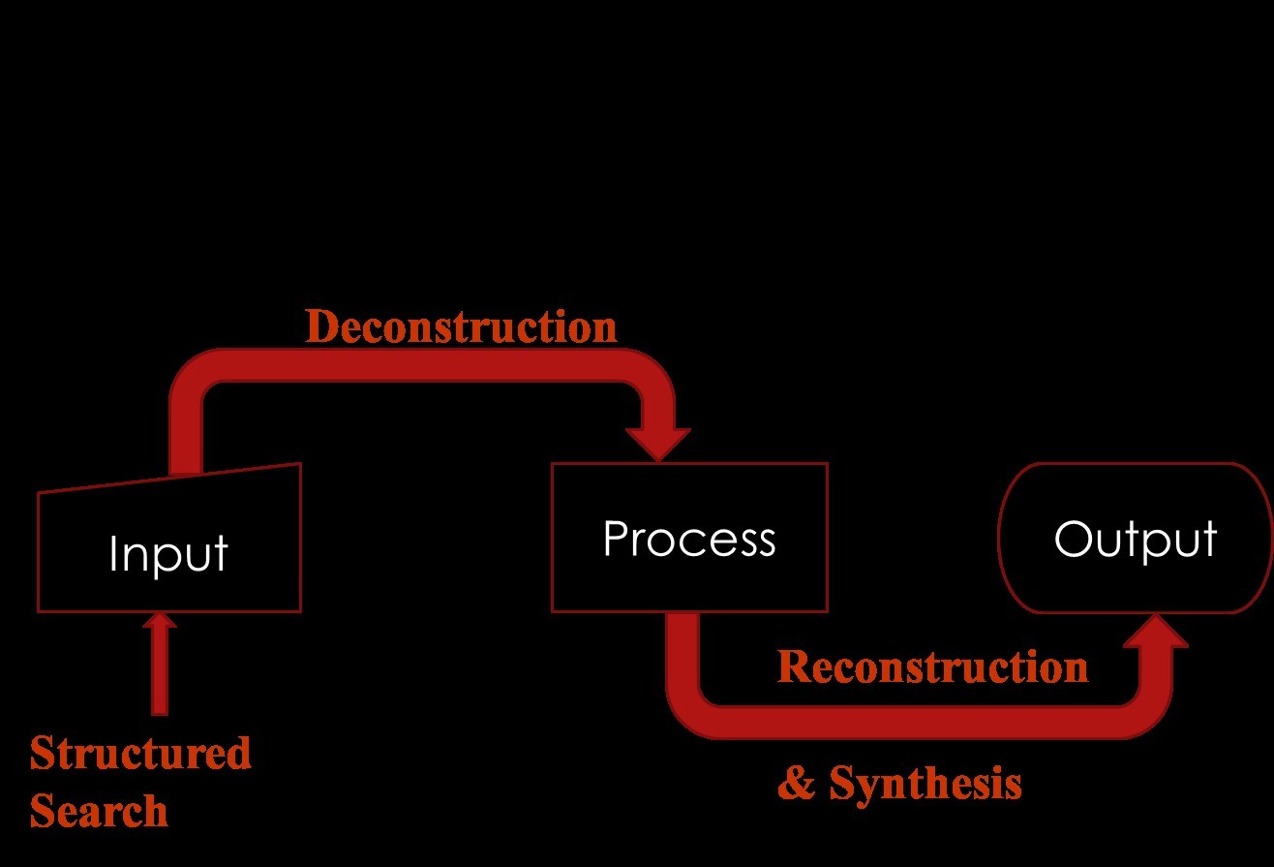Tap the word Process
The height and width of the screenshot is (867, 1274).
pyautogui.click(x=688, y=539)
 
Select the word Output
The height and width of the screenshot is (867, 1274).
pyautogui.click(x=1135, y=539)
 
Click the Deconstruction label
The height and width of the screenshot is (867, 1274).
pyautogui.click(x=461, y=327)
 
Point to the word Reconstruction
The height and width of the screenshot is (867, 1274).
pyautogui.click(x=932, y=666)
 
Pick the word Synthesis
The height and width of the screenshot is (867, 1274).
pyautogui.click(x=925, y=783)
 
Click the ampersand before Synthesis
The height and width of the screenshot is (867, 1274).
pyautogui.click(x=796, y=783)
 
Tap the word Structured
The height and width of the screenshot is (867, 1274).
pyautogui.click(x=140, y=753)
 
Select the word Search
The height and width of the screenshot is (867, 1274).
pyautogui.click(x=99, y=811)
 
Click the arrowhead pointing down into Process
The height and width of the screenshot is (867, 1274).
pyautogui.click(x=658, y=444)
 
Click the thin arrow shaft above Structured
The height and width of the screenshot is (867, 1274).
pyautogui.click(x=160, y=673)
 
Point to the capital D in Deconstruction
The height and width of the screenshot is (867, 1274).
pyautogui.click(x=320, y=327)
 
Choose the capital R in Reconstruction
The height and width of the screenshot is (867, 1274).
pyautogui.click(x=793, y=666)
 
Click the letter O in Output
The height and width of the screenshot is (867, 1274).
pyautogui.click(x=1071, y=539)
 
